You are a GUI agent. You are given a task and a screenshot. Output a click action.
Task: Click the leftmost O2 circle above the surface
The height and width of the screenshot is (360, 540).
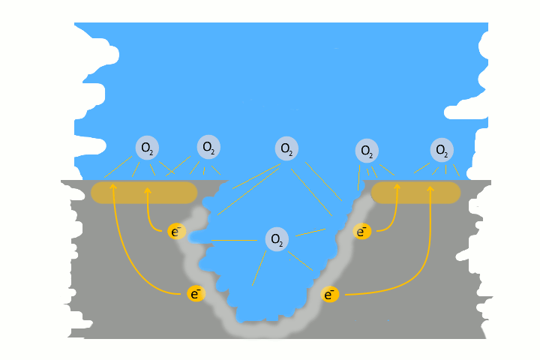point(147,148)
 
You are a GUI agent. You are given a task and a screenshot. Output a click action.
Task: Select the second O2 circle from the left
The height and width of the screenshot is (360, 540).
point(208,147)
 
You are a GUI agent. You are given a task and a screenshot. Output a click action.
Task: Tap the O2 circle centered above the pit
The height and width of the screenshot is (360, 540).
point(286,148)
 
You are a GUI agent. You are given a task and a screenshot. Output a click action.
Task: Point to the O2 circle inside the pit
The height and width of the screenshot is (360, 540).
point(277,239)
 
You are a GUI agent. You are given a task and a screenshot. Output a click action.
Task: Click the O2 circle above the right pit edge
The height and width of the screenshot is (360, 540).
point(366,151)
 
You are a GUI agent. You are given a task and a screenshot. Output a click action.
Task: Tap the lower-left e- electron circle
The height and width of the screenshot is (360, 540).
point(196,294)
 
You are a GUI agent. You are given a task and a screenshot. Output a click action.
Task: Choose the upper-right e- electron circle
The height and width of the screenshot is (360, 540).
point(362,231)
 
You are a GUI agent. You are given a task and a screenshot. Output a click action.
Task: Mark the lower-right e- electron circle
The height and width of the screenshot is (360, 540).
point(329,294)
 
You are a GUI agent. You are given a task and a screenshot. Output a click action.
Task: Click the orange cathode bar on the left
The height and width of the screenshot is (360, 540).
point(144,193)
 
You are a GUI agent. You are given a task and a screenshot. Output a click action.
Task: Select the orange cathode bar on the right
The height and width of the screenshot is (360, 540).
point(415,193)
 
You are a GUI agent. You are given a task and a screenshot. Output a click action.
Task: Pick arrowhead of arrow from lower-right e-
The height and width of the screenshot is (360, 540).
point(430,188)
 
